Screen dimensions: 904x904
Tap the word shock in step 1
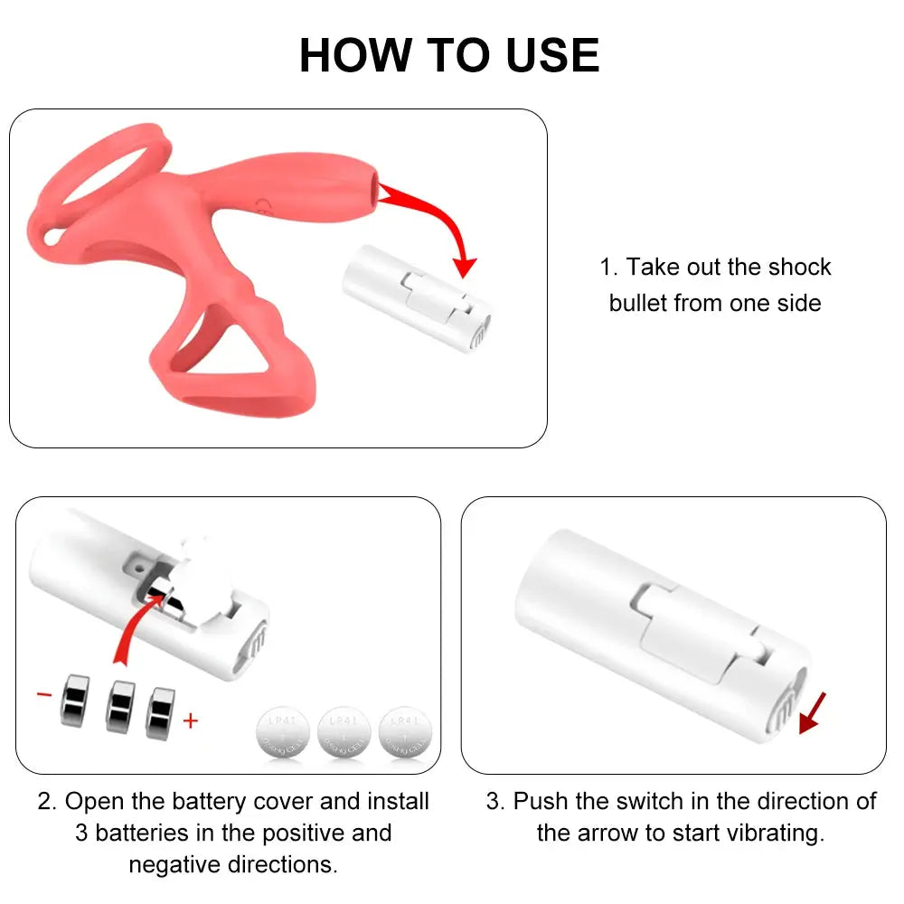pyautogui.click(x=799, y=268)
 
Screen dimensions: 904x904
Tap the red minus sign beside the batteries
pyautogui.click(x=44, y=694)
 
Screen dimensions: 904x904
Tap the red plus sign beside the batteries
pyautogui.click(x=190, y=720)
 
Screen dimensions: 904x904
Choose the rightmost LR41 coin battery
pyautogui.click(x=406, y=731)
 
